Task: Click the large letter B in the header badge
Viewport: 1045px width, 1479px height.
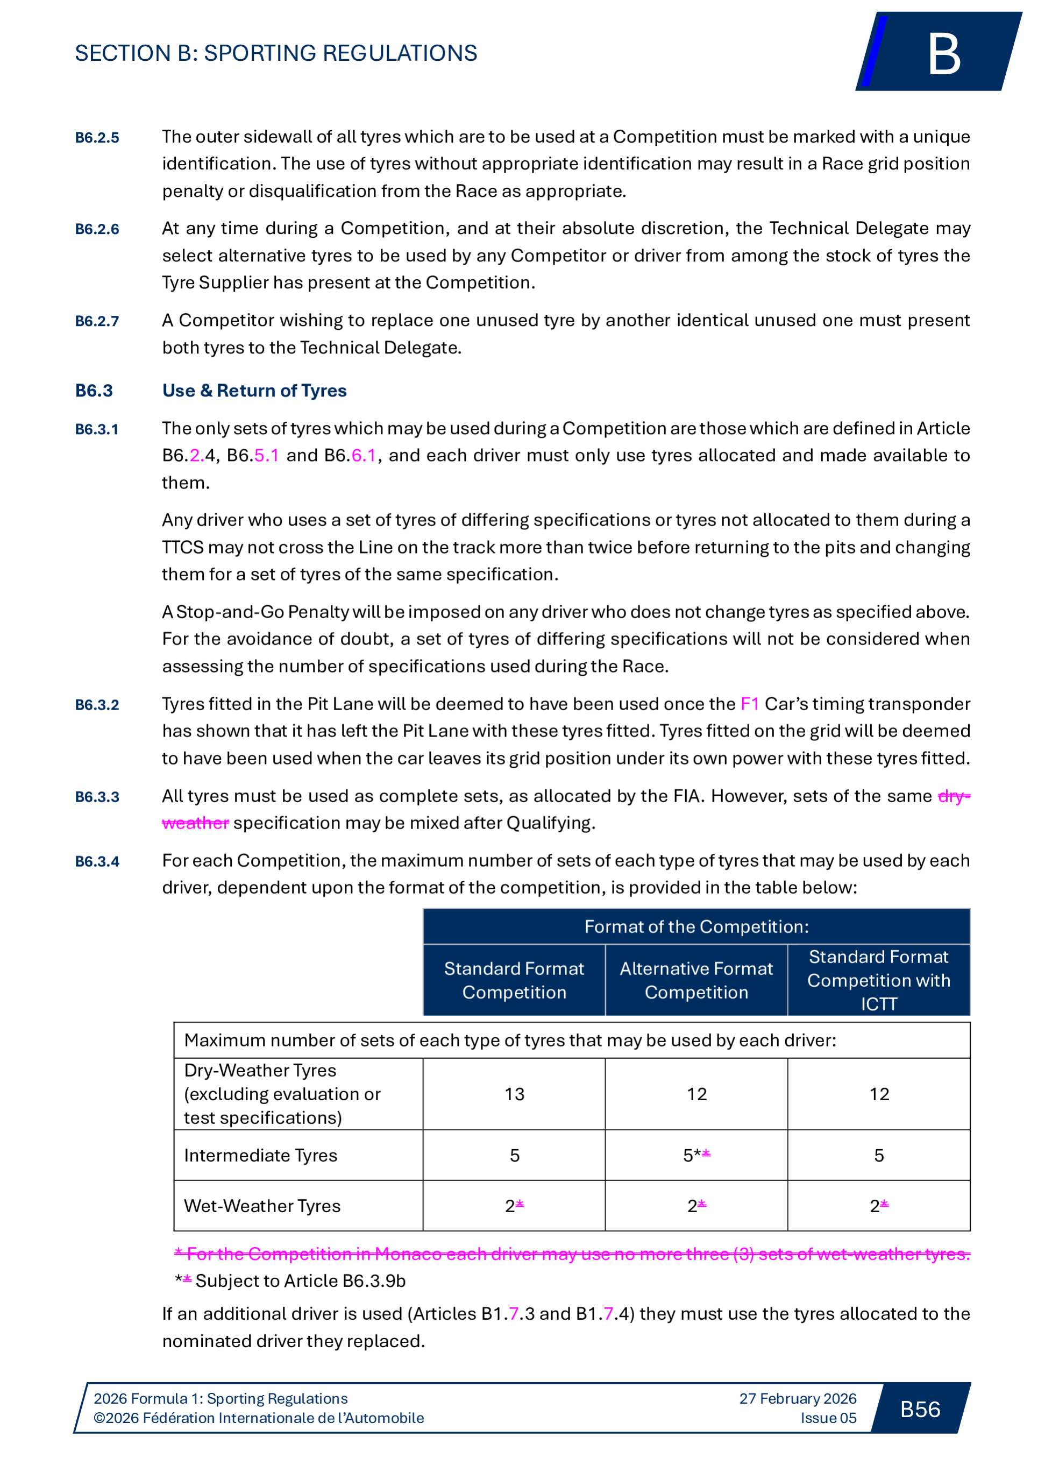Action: (x=944, y=54)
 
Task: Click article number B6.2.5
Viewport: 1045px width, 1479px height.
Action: (x=97, y=138)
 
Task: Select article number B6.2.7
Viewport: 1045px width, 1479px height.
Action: (x=97, y=321)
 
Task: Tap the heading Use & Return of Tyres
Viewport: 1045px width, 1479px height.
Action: (x=254, y=391)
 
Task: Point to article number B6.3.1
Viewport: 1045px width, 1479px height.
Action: (x=97, y=430)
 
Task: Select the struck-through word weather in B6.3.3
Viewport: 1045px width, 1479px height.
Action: (x=195, y=823)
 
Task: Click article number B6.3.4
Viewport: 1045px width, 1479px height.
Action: (x=97, y=862)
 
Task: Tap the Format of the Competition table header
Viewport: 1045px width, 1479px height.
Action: (x=696, y=926)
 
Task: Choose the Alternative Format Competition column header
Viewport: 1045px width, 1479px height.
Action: (x=696, y=980)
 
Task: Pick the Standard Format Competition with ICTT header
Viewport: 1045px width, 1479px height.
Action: (x=878, y=980)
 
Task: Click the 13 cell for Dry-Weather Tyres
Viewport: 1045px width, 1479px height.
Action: (x=515, y=1094)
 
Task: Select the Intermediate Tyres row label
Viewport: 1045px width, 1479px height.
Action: (x=261, y=1155)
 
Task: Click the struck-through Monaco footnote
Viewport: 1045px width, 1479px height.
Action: (x=572, y=1254)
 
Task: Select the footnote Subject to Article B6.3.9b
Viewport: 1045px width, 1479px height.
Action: (x=300, y=1280)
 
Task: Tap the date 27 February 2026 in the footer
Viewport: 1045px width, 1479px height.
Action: (x=798, y=1398)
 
